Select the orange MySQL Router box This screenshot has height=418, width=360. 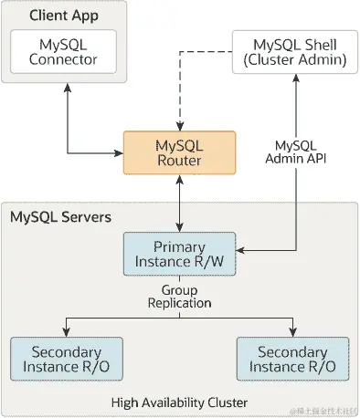pos(179,152)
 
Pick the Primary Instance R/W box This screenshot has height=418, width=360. pos(179,255)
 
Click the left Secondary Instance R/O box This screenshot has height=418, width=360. pos(66,359)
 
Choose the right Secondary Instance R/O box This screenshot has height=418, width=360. pos(292,359)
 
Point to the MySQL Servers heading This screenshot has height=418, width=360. pos(60,217)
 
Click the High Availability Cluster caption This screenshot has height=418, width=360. pos(179,402)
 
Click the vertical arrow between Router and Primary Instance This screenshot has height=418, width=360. pos(179,203)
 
